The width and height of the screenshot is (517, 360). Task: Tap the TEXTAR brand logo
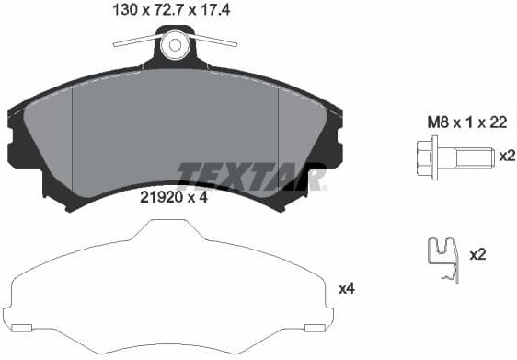pyautogui.click(x=251, y=175)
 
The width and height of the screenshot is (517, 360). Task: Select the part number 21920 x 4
pyautogui.click(x=172, y=197)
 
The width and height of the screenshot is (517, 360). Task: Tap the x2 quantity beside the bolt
pyautogui.click(x=506, y=156)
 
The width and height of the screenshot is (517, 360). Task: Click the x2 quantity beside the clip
pyautogui.click(x=477, y=254)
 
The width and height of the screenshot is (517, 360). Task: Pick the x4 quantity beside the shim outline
pyautogui.click(x=347, y=288)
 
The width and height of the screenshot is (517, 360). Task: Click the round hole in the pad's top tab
pyautogui.click(x=175, y=43)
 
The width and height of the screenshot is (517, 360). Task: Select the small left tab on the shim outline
pyautogui.click(x=23, y=328)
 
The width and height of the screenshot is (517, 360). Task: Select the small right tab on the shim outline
pyautogui.click(x=315, y=328)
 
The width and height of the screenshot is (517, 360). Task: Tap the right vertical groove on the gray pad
pyautogui.click(x=278, y=147)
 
